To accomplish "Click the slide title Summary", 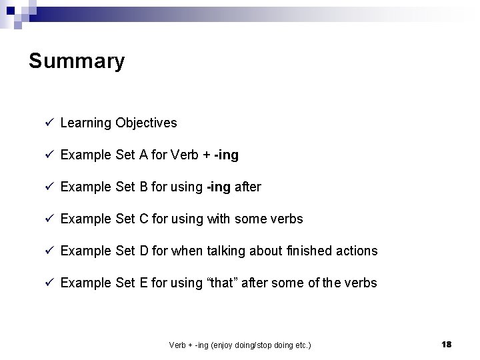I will [77, 61].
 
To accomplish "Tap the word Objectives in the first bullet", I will [146, 123].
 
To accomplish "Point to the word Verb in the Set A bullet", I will [185, 155].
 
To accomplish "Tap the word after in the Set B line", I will [247, 187].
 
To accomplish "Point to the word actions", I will [355, 251].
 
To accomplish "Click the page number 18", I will [446, 344].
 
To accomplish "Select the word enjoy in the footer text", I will [221, 345].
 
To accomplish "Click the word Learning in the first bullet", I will [85, 123].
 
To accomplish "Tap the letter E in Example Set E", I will [143, 283].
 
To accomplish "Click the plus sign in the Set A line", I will [208, 155].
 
